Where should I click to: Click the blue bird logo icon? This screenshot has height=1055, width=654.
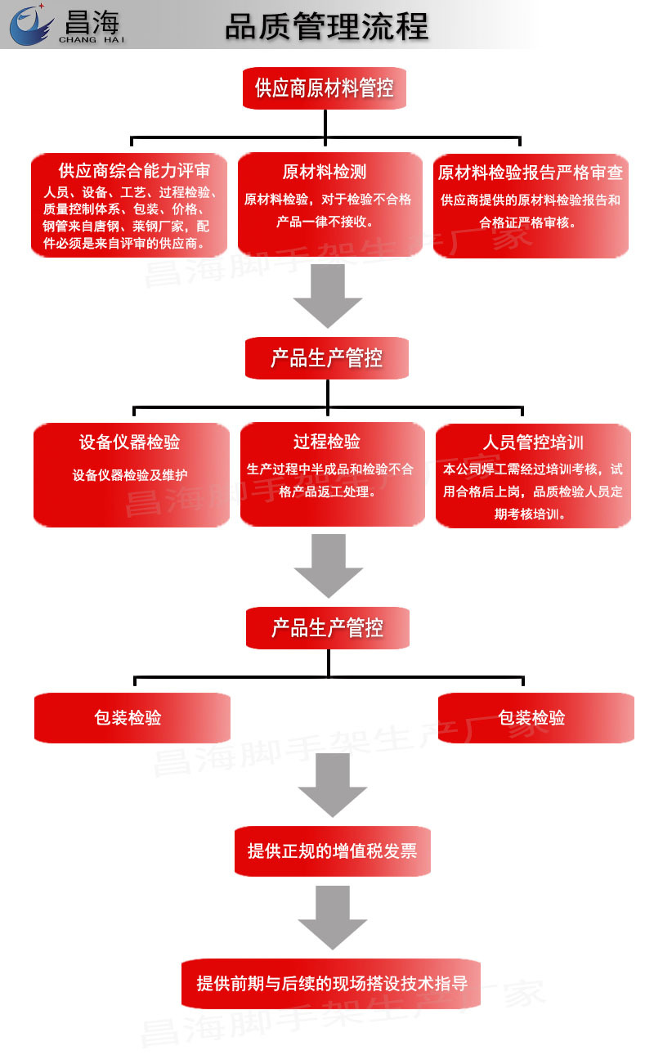[31, 25]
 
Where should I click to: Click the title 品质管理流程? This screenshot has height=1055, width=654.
[327, 26]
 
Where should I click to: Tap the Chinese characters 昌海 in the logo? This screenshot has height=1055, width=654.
[92, 18]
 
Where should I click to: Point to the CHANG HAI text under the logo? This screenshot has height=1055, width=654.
[92, 38]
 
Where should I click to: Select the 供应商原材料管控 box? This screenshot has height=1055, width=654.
[325, 88]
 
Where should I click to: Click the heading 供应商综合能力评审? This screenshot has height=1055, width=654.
[134, 171]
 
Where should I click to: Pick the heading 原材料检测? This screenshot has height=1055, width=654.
[325, 172]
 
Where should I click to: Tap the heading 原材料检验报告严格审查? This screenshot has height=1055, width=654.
[531, 173]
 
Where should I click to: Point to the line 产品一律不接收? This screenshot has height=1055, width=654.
[325, 221]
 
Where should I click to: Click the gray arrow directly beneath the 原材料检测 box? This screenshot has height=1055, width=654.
[328, 296]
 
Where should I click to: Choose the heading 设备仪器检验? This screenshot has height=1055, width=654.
[129, 442]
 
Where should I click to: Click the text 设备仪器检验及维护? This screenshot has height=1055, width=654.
[130, 475]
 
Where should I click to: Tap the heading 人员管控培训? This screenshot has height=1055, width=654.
[533, 443]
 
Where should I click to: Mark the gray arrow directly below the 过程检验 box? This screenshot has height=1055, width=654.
[329, 566]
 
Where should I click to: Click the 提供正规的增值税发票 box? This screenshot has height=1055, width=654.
[332, 851]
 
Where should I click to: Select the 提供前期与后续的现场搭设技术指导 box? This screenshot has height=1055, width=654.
[331, 984]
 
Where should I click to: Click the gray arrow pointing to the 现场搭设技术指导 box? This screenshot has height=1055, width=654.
[332, 918]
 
